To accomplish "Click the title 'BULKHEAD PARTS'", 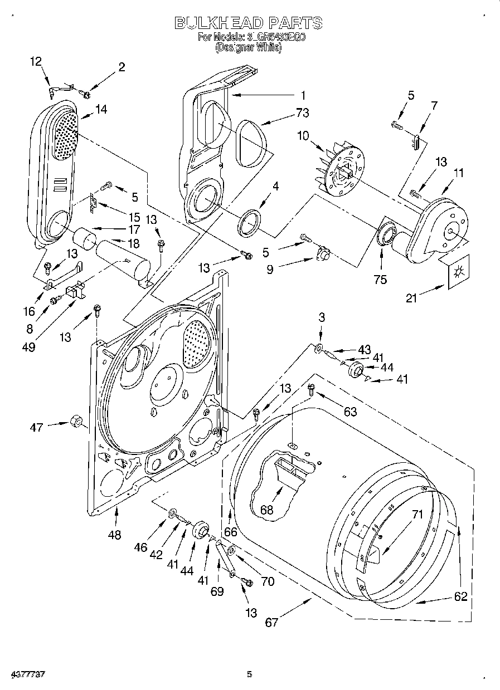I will (249, 23).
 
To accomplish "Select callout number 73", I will (303, 113).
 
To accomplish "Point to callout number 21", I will (411, 298).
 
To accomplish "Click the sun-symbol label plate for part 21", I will (459, 272).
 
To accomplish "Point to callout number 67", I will (271, 622).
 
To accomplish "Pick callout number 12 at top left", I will (36, 62).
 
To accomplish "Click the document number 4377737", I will (23, 674).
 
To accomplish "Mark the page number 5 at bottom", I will (250, 674).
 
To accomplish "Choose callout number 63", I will (350, 412).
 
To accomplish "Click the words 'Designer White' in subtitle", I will (249, 48).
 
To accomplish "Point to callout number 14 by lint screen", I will (101, 110).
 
